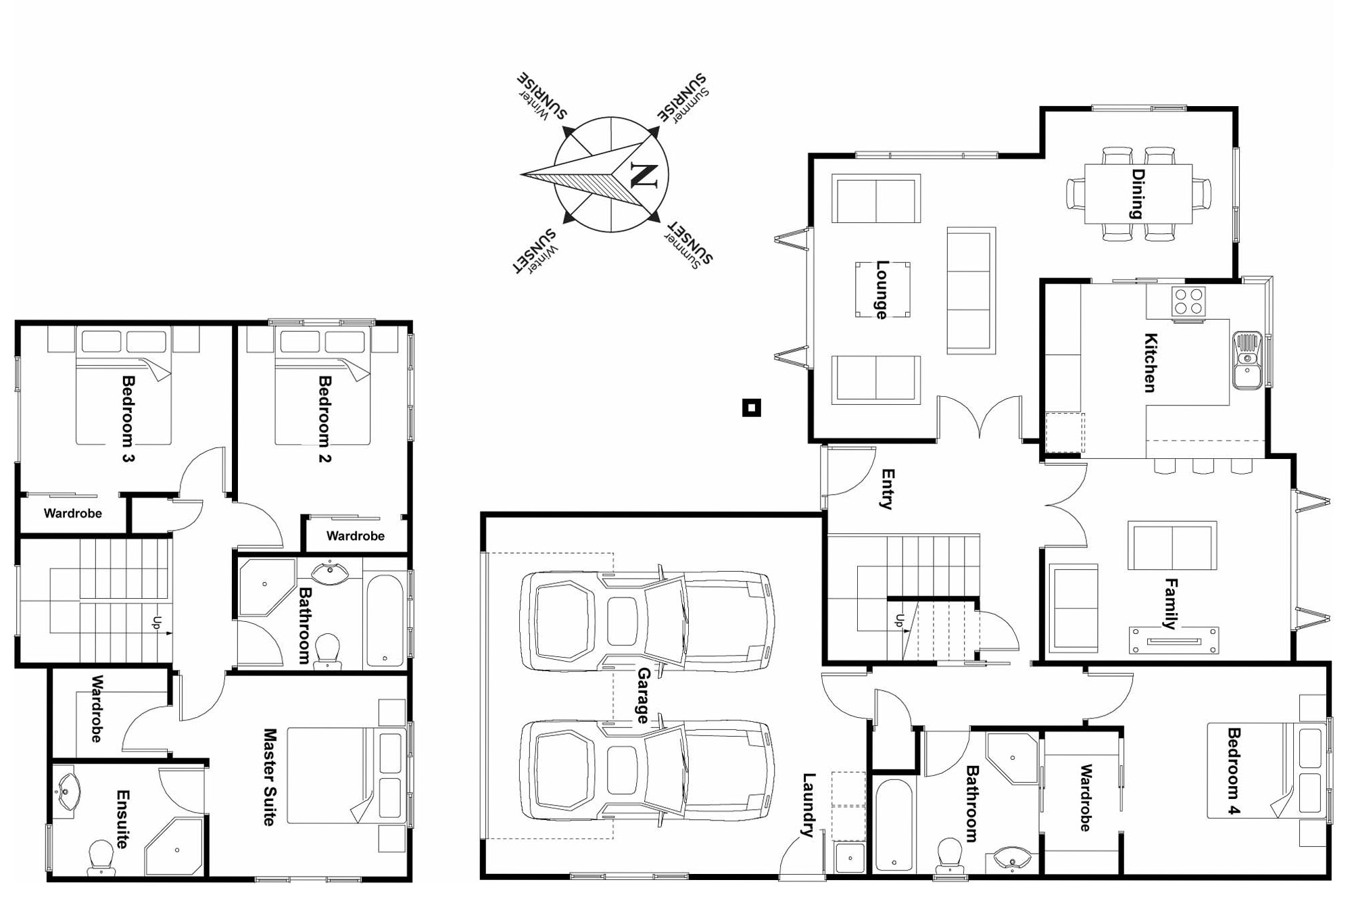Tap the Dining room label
point(1138,194)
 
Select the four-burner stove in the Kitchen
point(1188,301)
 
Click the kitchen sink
point(1247,360)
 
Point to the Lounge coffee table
point(882,289)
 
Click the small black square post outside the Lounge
point(752,408)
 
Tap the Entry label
point(888,489)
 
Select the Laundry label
point(808,805)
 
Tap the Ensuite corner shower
point(174,846)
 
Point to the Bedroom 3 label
point(128,420)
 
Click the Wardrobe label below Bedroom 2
point(355,536)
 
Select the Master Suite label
point(270,777)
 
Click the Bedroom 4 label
point(1234,771)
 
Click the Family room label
point(1170,604)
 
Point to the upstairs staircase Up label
point(157,623)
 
